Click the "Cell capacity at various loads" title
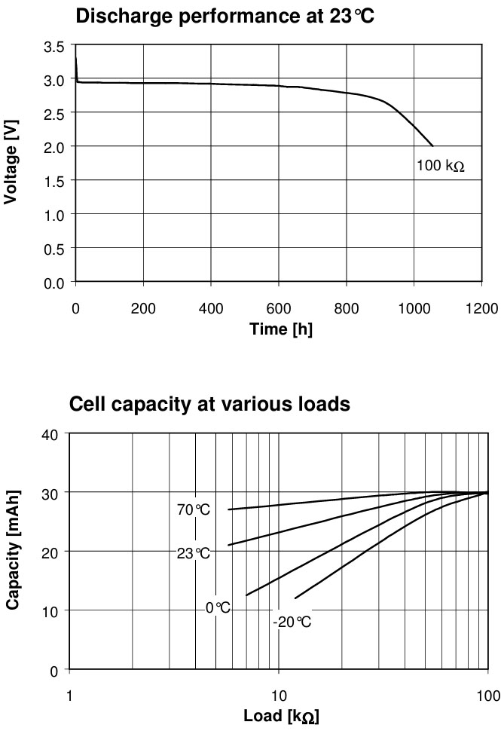[x=209, y=404]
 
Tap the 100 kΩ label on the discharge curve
[x=440, y=165]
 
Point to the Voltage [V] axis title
[x=11, y=163]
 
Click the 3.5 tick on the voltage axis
[x=54, y=46]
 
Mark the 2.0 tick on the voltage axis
[x=54, y=146]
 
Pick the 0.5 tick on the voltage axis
[x=54, y=248]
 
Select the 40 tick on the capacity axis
[x=49, y=434]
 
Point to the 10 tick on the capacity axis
[x=49, y=610]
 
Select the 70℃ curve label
[x=194, y=510]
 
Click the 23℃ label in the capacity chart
[x=194, y=553]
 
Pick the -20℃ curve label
[x=292, y=622]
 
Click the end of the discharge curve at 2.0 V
[x=432, y=145]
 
